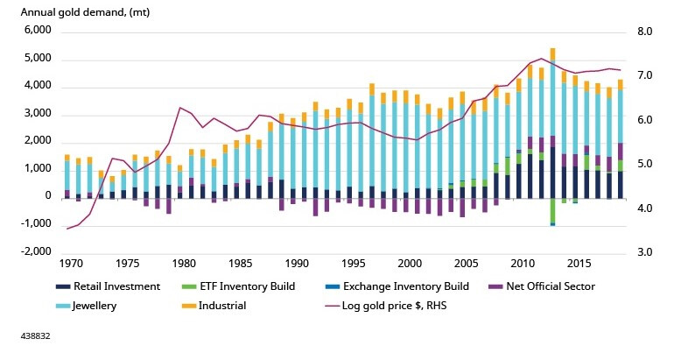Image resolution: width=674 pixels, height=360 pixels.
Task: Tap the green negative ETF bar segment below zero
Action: click(x=553, y=211)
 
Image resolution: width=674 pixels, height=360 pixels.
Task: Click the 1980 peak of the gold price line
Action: click(x=179, y=108)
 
